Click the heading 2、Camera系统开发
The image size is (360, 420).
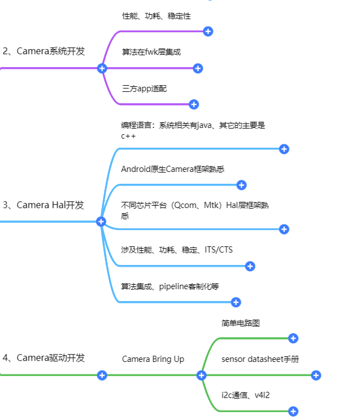pos(44,51)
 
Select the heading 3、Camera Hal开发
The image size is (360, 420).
pos(43,205)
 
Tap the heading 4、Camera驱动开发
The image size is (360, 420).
pos(44,357)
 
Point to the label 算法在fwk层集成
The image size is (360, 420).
pos(151,52)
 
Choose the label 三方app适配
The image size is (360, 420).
pos(144,89)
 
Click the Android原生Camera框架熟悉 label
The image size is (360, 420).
pos(172,169)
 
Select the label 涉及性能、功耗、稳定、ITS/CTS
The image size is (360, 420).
pos(176,250)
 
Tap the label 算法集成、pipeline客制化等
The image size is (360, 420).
pos(170,286)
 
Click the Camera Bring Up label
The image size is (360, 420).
pos(153,359)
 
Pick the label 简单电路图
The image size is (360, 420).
pos(241,323)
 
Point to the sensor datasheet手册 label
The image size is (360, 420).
pos(260,359)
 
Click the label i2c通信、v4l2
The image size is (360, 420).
pos(246,395)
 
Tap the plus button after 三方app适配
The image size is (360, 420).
pos(194,104)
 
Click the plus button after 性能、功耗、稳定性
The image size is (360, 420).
pos(208,32)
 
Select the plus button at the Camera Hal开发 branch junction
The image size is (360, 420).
pos(101,222)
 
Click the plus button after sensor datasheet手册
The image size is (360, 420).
pos(316,375)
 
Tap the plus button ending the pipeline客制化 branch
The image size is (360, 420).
pos(236,302)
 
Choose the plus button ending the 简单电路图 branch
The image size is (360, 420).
pos(293,338)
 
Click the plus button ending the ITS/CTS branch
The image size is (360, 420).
pos(250,266)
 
